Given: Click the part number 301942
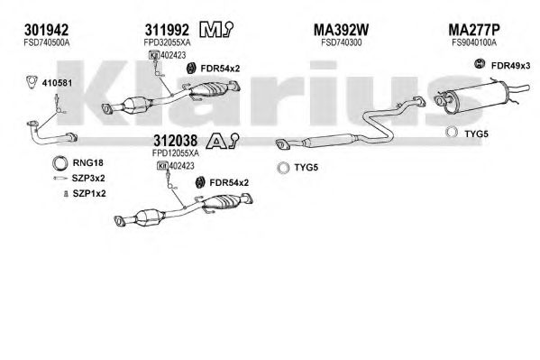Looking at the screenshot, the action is [x=46, y=30].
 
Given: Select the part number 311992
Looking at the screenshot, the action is [x=167, y=30].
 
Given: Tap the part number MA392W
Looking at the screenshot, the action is [x=341, y=30].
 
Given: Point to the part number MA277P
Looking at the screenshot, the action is [x=474, y=30].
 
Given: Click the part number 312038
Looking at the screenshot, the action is [x=176, y=141].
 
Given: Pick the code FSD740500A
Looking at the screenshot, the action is [x=47, y=42].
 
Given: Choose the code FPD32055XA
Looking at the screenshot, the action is [x=167, y=42].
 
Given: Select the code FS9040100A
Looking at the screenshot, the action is [x=474, y=42].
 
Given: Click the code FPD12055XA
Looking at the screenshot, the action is [x=176, y=152].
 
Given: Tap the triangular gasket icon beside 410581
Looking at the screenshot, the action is [x=32, y=82].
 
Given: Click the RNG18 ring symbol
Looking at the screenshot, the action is [x=59, y=163].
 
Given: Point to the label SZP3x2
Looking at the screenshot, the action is [x=88, y=179].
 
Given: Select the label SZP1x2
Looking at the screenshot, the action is [x=89, y=194].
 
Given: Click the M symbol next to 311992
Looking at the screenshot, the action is [x=216, y=30].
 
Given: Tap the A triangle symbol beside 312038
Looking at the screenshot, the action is [x=223, y=141].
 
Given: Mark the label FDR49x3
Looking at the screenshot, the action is [x=511, y=66].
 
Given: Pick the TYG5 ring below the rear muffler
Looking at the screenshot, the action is [x=451, y=133].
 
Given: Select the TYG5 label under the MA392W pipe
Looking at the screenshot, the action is [x=307, y=168].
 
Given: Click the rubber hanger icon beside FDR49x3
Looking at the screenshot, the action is [x=479, y=64].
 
